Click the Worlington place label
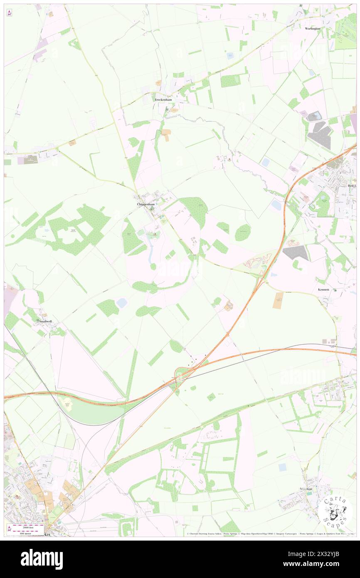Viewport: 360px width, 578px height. point(313,28)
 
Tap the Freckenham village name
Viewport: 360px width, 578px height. point(163,100)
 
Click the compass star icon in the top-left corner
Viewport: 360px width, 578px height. point(9,13)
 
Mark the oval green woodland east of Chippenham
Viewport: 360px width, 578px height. point(242,232)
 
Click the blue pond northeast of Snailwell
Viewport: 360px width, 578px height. point(122,303)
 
